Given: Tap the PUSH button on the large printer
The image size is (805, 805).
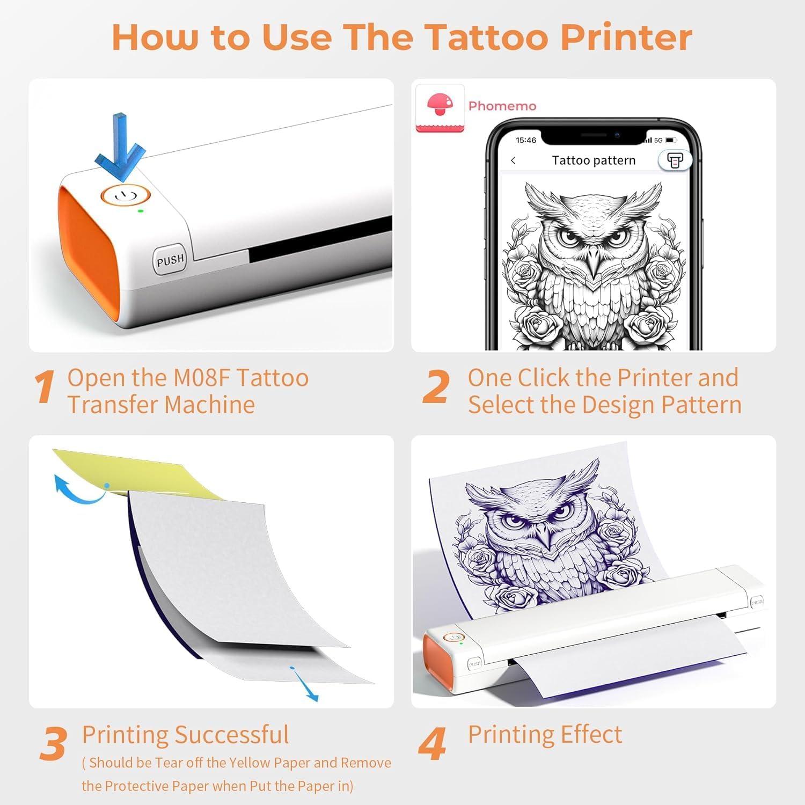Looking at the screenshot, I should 170,261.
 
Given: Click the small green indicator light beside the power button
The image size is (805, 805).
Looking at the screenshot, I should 141,211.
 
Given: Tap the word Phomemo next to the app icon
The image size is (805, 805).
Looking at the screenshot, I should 502,106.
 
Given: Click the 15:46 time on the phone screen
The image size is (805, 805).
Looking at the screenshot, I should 525,140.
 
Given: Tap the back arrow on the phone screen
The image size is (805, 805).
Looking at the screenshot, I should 514,160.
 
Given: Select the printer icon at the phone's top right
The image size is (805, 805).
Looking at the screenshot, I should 675,160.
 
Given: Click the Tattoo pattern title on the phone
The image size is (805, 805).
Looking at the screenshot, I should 594,160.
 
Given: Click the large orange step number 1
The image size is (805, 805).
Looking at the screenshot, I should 45,387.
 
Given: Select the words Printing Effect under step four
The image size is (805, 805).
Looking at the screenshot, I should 545,734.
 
